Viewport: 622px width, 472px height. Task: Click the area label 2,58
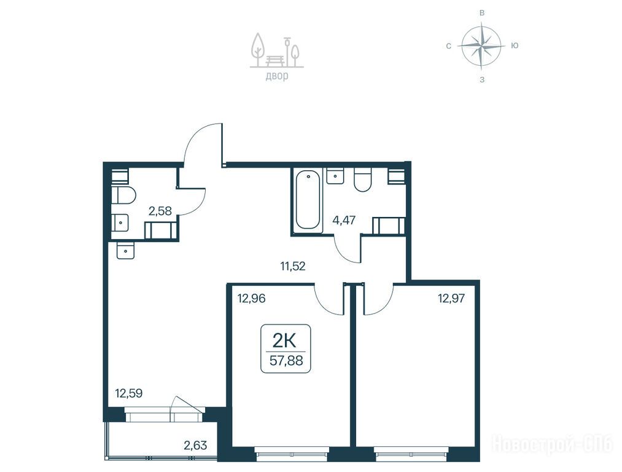pos(160,211)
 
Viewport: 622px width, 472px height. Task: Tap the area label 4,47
pos(343,220)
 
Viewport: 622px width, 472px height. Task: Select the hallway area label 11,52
pos(293,266)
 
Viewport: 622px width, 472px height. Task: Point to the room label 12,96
pos(251,297)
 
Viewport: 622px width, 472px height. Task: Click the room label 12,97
pos(451,297)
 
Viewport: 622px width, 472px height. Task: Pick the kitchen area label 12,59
pos(128,393)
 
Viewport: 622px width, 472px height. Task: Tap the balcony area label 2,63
pos(195,446)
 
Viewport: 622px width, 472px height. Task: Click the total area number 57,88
pos(286,360)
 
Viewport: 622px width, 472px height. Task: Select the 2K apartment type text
pos(284,340)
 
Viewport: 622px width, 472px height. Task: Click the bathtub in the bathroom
pos(308,199)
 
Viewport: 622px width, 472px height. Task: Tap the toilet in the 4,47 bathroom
pos(362,180)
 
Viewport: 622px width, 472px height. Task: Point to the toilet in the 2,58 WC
pos(123,195)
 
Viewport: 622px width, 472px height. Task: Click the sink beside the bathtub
pos(335,175)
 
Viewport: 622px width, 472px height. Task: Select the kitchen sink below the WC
pos(126,251)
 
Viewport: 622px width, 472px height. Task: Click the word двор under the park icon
pos(277,76)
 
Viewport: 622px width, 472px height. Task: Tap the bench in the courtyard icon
pos(274,60)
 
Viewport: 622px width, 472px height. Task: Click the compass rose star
pos(481,45)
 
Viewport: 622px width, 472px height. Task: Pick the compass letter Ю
pos(515,45)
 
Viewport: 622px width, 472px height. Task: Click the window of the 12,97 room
pos(411,453)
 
